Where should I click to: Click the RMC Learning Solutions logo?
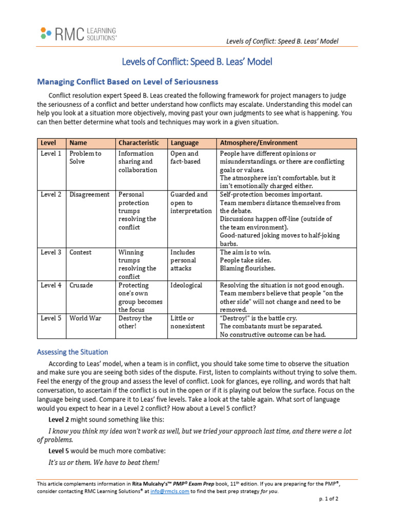[78, 34]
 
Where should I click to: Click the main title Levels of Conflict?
[197, 62]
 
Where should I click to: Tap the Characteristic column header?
[139, 143]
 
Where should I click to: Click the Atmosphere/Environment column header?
[259, 143]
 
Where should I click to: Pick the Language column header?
[185, 143]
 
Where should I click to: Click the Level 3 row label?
[51, 253]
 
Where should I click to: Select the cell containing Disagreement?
[89, 195]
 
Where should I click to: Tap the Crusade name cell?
[81, 286]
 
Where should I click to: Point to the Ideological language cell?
[186, 286]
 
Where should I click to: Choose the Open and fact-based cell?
[185, 158]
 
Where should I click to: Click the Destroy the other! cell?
[135, 323]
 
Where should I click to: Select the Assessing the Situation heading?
[72, 352]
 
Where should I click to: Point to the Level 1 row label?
[51, 154]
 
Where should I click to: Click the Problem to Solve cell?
[85, 158]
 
